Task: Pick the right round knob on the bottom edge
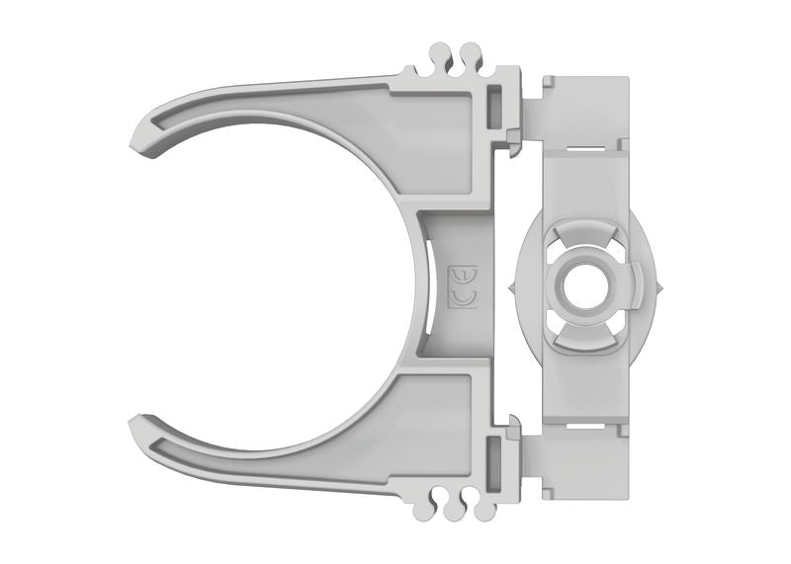pyautogui.click(x=483, y=510)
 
